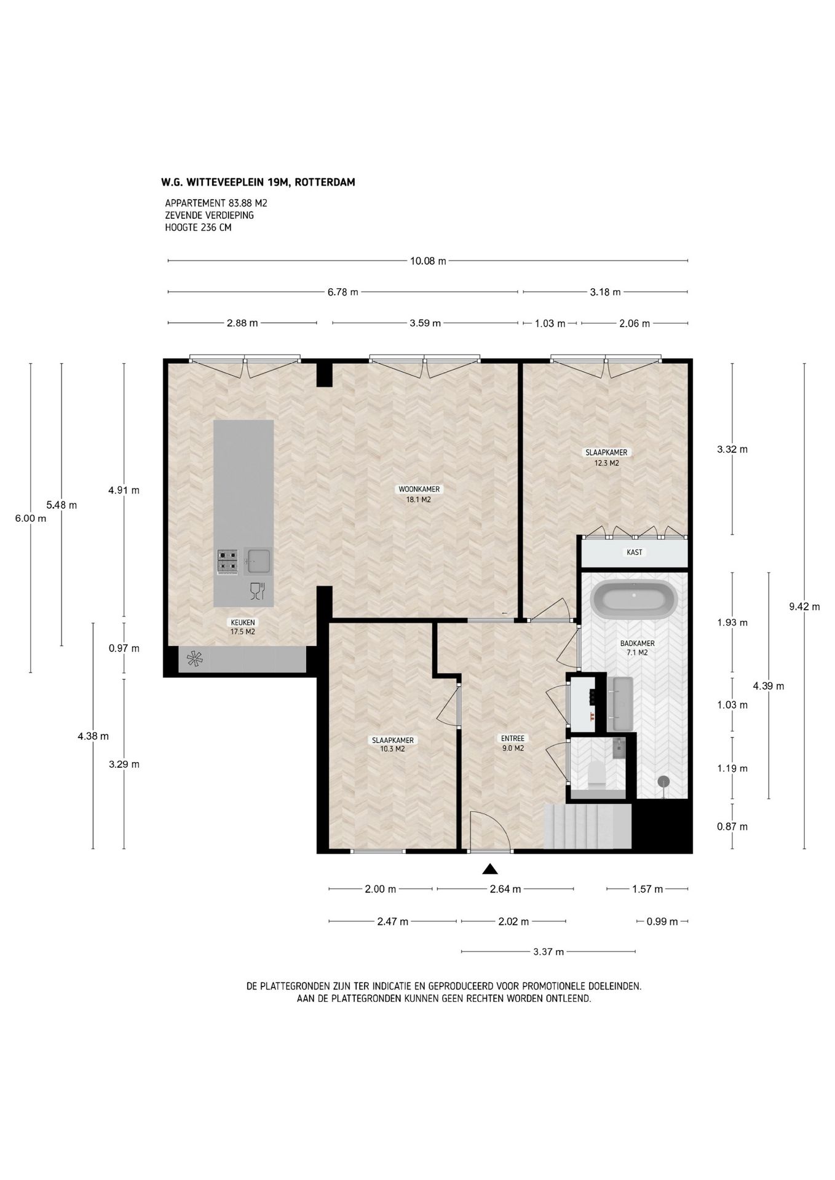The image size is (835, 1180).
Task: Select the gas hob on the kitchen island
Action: [x=227, y=561]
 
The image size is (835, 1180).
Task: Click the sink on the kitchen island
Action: [x=257, y=561]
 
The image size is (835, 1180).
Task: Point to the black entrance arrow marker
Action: [x=489, y=868]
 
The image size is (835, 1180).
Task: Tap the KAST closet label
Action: [x=634, y=553]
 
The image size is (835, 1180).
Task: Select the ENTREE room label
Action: [x=512, y=739]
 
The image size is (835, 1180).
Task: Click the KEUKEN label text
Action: [x=242, y=622]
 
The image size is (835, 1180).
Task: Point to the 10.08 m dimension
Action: [x=428, y=261]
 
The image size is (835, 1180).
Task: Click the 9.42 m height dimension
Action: [x=804, y=607]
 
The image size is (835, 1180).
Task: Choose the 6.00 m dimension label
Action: [x=31, y=518]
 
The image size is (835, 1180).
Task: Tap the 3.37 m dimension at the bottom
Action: [x=548, y=952]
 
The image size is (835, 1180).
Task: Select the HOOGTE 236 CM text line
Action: [x=198, y=227]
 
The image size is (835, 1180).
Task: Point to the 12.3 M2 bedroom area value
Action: [x=606, y=463]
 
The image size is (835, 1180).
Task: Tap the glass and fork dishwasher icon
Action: [x=258, y=591]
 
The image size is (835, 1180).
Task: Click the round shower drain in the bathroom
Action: [x=663, y=781]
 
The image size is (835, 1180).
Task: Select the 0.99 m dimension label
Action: [x=662, y=921]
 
